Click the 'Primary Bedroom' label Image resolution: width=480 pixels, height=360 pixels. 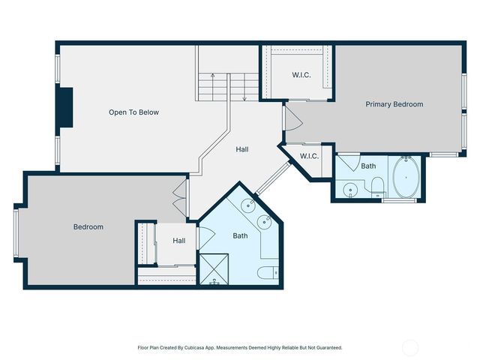394,104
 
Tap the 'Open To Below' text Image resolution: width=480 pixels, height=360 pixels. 133,112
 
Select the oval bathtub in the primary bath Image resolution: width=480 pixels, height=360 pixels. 406,177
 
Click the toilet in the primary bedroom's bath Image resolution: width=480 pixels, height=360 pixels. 377,185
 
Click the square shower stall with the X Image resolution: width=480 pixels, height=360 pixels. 213,269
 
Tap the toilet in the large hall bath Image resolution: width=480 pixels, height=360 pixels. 268,271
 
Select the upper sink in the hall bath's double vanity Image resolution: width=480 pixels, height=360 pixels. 249,205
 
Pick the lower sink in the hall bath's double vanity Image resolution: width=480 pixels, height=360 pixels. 265,221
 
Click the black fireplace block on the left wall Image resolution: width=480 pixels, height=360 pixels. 66,109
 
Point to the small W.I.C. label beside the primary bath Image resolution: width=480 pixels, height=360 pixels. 309,156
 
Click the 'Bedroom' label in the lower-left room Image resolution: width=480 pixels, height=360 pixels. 88,226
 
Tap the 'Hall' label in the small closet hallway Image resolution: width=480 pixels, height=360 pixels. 178,241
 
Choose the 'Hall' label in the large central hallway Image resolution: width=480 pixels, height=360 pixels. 242,149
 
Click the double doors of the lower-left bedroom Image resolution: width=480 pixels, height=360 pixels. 179,198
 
